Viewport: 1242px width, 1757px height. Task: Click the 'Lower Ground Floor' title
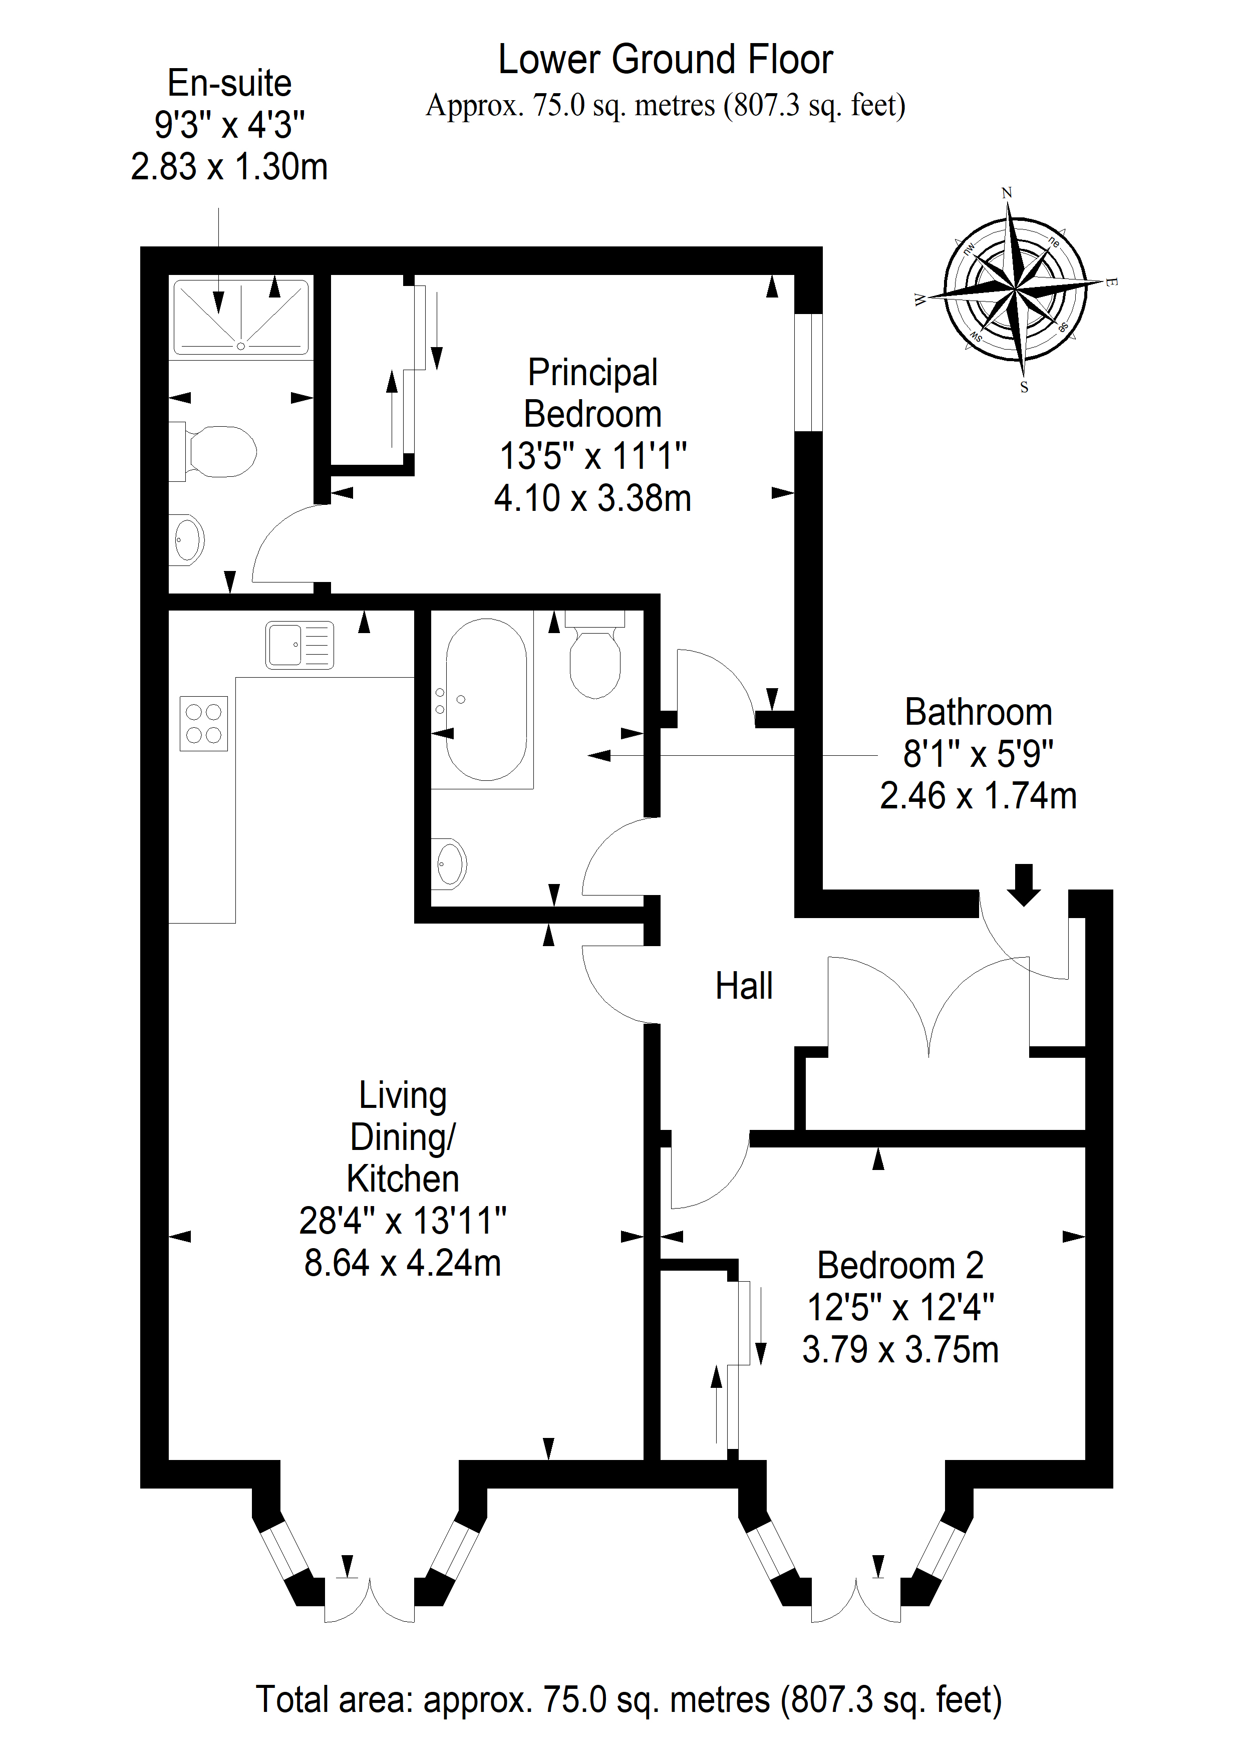(665, 60)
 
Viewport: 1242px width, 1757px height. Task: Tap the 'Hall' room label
(744, 986)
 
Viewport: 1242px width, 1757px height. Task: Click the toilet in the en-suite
(213, 451)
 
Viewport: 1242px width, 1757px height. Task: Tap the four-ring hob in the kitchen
(203, 723)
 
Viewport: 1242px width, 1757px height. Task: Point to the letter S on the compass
(1024, 387)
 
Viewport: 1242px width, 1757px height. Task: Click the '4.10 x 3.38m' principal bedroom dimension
(592, 498)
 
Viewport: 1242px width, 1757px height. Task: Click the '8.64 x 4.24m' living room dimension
(403, 1264)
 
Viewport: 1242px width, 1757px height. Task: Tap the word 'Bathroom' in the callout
(978, 712)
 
